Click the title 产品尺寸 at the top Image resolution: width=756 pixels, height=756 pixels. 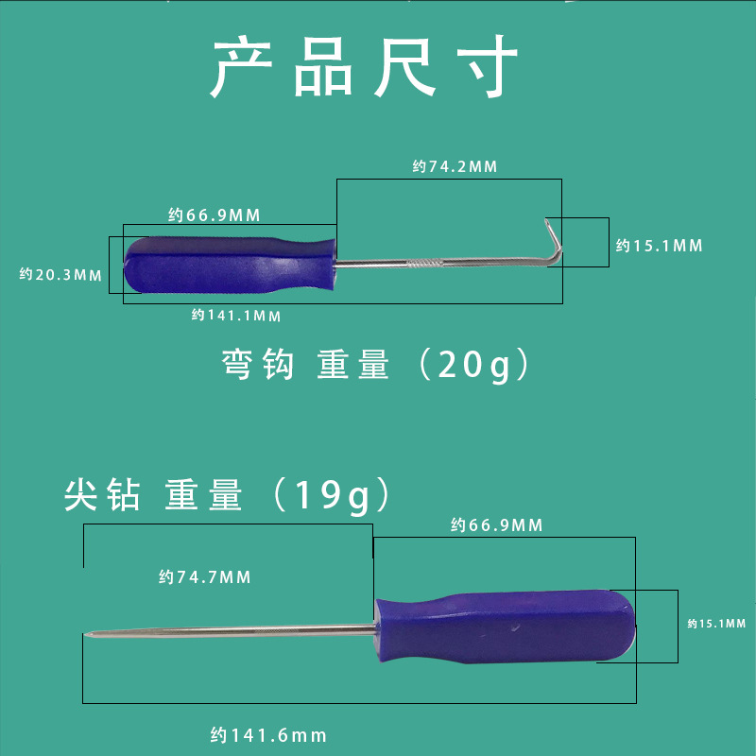tap(364, 68)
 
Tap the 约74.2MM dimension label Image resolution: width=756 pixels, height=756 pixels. tap(455, 166)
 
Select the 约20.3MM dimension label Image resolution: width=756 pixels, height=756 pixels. tap(60, 275)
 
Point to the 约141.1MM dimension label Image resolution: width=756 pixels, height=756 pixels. tap(235, 315)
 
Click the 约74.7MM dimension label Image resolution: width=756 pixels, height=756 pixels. tap(205, 576)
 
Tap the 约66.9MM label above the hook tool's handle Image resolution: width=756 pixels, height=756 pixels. tap(215, 215)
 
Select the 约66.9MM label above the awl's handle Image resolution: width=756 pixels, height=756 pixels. tap(497, 525)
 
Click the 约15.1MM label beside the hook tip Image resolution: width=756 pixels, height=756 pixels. tap(660, 246)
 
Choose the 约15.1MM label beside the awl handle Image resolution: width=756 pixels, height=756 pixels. tap(716, 624)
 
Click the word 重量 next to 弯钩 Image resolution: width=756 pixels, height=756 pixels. tap(353, 365)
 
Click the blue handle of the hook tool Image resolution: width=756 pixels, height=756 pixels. tap(232, 264)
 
